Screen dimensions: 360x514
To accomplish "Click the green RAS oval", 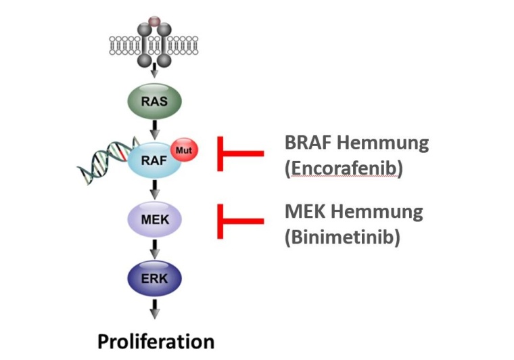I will [155, 103].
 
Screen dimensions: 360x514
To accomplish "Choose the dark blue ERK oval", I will [154, 277].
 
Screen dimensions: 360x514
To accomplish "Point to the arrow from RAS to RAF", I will [155, 129].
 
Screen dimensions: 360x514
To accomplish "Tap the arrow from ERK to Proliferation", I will [155, 308].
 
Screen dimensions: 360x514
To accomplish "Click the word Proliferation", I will [156, 340].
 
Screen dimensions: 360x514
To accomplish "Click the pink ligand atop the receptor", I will [155, 23].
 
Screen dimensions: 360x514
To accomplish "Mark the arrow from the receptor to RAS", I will [155, 73].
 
